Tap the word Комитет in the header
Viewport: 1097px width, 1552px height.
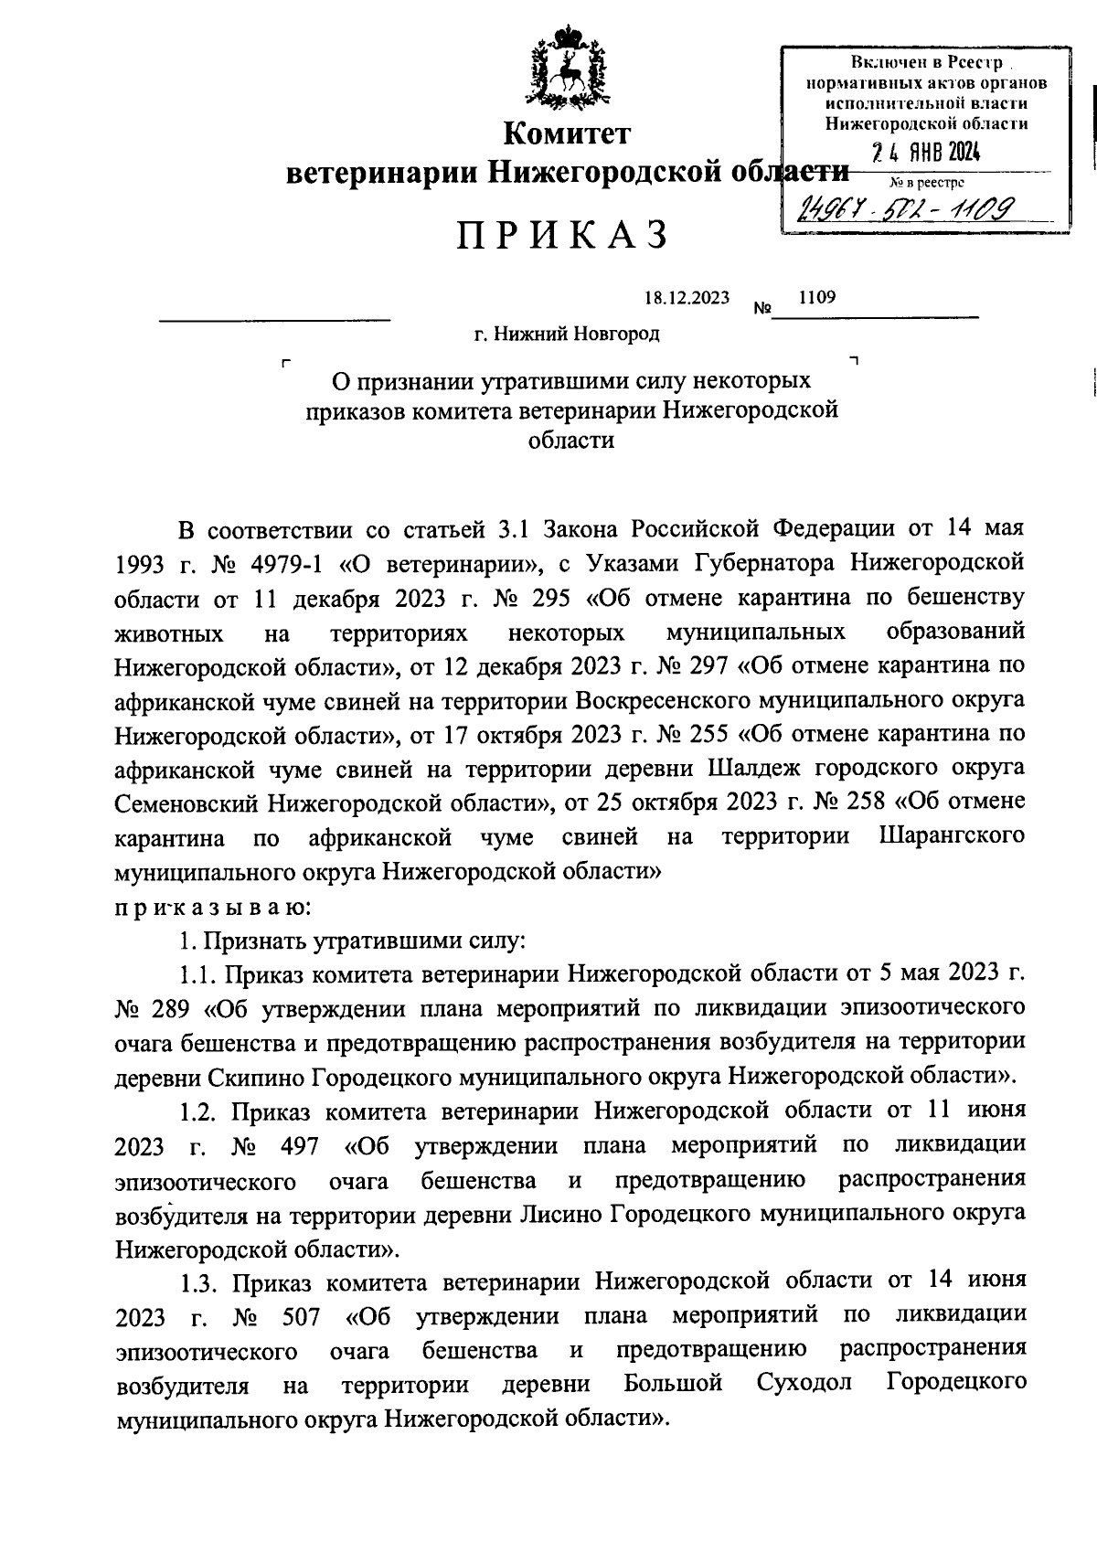point(568,134)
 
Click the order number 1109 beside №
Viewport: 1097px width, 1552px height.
point(816,297)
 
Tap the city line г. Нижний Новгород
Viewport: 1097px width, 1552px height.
point(566,335)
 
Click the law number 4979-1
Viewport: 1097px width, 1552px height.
point(282,563)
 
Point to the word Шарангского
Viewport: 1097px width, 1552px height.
point(951,836)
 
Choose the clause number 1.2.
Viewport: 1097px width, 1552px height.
point(198,1111)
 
